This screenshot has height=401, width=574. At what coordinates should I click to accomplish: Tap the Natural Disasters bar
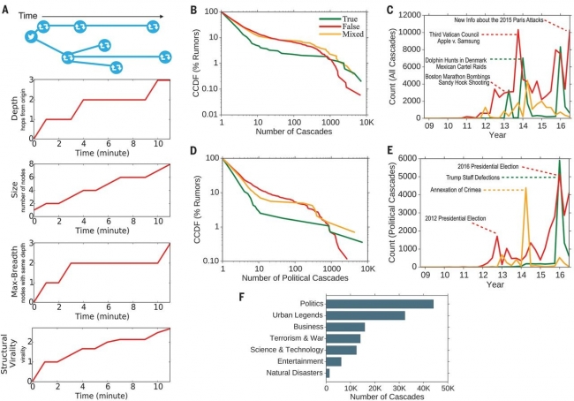pyautogui.click(x=328, y=373)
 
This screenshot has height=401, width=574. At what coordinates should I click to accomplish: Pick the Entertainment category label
pyautogui.click(x=297, y=361)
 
